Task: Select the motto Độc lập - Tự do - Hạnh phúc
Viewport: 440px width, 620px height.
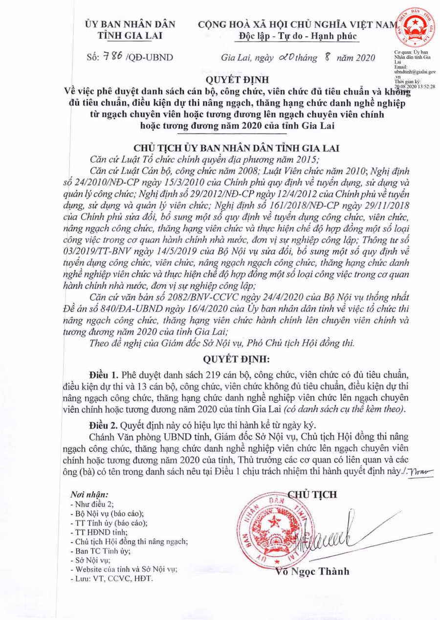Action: (x=299, y=36)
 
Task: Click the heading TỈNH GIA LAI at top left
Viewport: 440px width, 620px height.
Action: (x=130, y=35)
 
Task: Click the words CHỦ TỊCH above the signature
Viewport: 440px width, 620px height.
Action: (x=313, y=494)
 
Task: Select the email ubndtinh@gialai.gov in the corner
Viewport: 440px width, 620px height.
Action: (x=415, y=71)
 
